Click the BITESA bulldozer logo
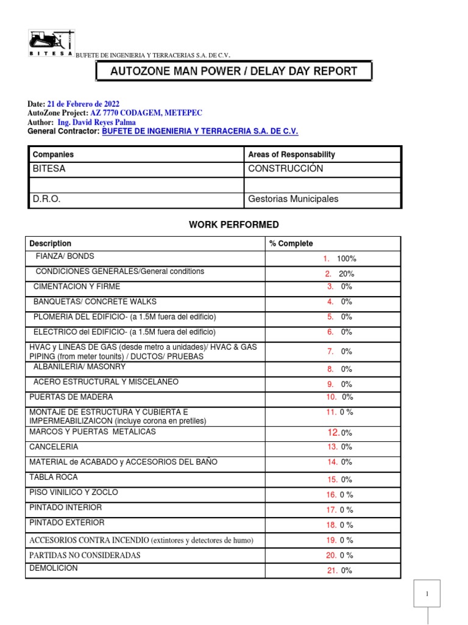click(x=52, y=43)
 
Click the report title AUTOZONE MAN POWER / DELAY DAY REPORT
click(x=233, y=71)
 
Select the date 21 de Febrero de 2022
click(x=83, y=104)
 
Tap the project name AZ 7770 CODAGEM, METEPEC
click(x=146, y=113)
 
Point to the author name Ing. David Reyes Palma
click(x=100, y=122)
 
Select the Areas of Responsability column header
click(x=291, y=154)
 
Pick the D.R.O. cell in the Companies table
click(x=46, y=199)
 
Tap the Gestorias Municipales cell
click(x=293, y=199)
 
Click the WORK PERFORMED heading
click(x=234, y=225)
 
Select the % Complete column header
click(x=291, y=244)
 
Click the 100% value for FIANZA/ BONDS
click(x=346, y=259)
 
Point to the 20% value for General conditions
click(x=346, y=274)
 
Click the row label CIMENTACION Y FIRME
click(x=77, y=286)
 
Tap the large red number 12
click(x=333, y=432)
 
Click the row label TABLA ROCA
click(x=54, y=477)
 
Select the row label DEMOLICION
click(x=54, y=568)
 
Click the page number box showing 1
click(x=427, y=593)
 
